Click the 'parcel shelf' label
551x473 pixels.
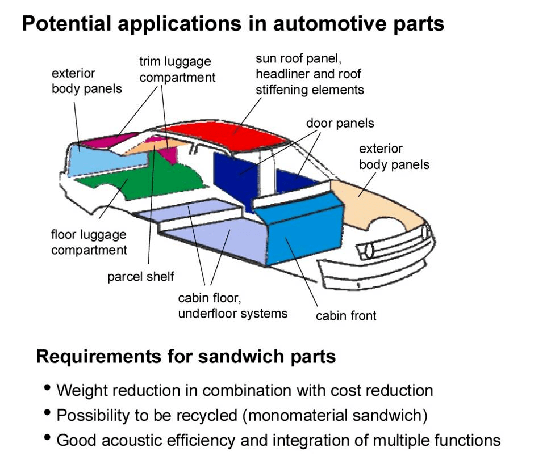[141, 277]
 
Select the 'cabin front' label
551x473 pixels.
[346, 315]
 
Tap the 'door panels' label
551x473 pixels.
[340, 123]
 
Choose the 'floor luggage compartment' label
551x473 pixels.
[89, 242]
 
